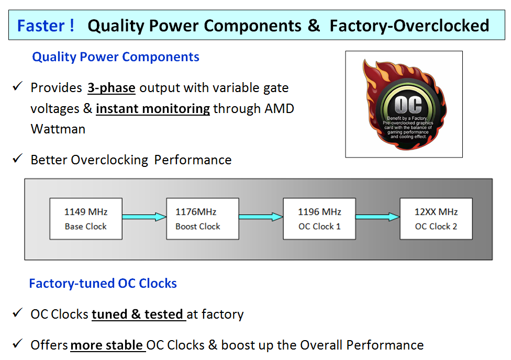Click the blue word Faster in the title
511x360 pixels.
[41, 26]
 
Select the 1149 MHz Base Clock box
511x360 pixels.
[86, 219]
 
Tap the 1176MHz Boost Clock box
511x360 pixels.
[203, 219]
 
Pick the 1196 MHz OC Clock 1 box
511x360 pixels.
[319, 219]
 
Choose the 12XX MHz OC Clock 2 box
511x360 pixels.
[436, 219]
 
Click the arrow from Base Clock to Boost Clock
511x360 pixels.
[145, 217]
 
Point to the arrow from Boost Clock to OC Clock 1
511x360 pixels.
[261, 217]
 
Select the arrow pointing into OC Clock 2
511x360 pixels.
[377, 217]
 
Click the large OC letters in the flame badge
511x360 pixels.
[408, 104]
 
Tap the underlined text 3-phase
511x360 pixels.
[112, 87]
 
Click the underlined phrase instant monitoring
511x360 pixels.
[153, 108]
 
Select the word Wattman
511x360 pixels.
[58, 129]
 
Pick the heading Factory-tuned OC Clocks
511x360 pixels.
[103, 284]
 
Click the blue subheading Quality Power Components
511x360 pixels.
[116, 57]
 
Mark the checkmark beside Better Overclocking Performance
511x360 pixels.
[17, 159]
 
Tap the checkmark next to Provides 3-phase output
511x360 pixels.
[17, 86]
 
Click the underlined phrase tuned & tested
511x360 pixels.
[137, 314]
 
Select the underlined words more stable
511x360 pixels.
[107, 345]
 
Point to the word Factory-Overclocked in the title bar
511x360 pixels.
[409, 26]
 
